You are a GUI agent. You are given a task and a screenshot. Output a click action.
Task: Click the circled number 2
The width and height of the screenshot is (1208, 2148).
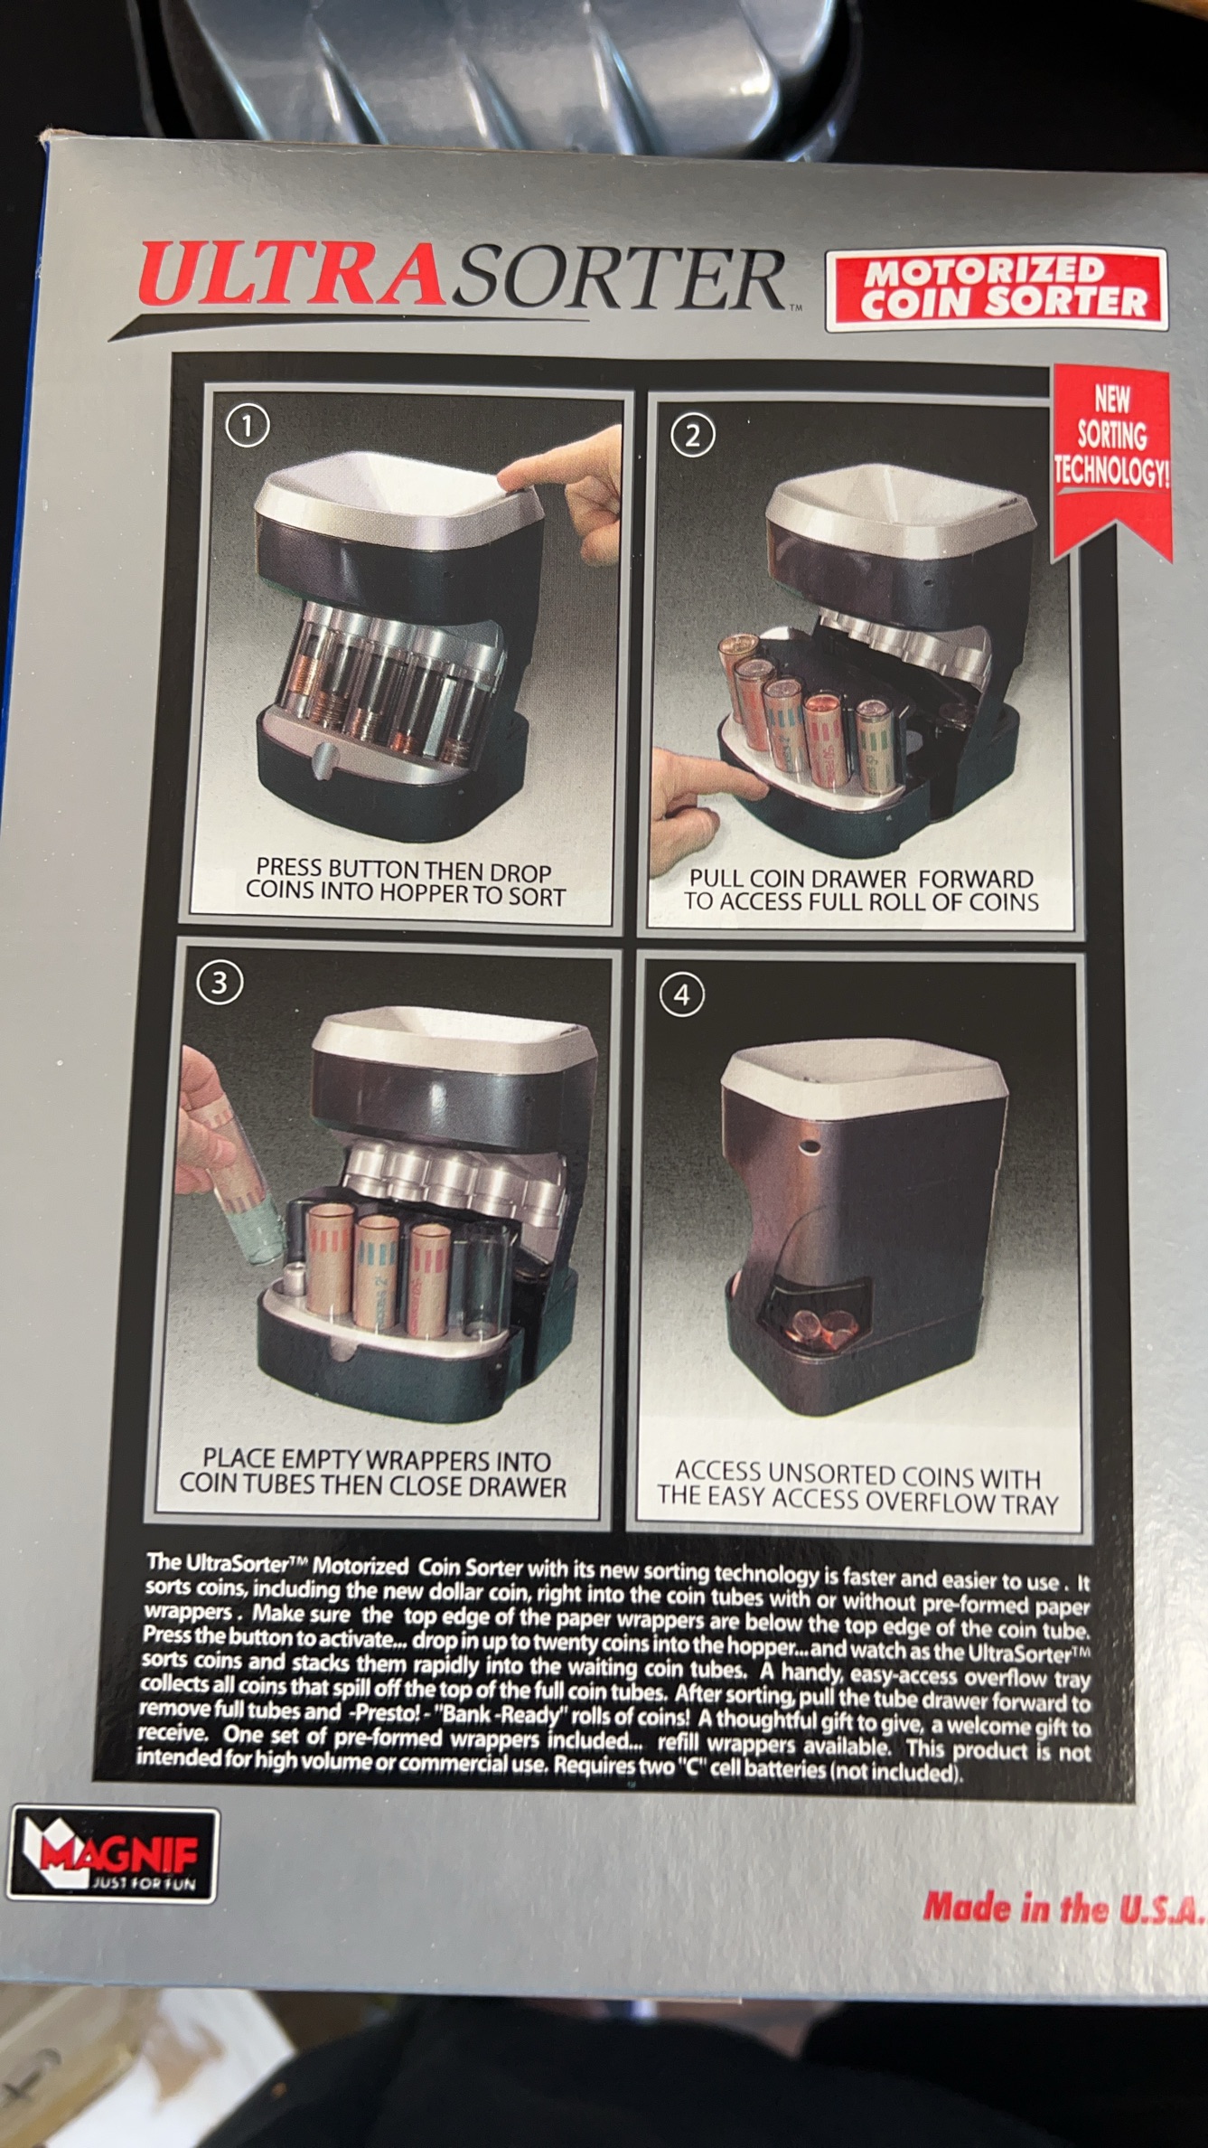coord(693,436)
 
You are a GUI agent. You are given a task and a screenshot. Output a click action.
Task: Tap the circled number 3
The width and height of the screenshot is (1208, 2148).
coord(220,983)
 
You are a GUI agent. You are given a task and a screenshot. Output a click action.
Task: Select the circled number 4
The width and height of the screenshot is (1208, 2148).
coord(681,995)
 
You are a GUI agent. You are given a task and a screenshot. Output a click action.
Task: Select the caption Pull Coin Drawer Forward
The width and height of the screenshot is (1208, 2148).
coord(861,890)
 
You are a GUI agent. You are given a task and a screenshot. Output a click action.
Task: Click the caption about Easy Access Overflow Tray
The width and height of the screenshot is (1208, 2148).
coord(857,1487)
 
